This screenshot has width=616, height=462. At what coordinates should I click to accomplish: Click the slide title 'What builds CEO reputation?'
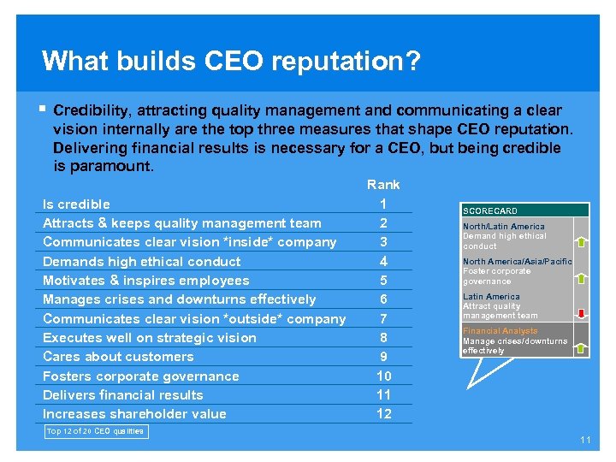click(x=231, y=61)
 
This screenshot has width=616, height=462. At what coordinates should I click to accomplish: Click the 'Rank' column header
click(x=383, y=184)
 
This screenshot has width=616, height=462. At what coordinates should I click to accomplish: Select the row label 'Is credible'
click(x=76, y=204)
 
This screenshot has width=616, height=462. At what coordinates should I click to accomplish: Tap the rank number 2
click(x=383, y=222)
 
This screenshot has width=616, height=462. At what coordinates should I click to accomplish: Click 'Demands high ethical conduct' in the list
click(x=141, y=261)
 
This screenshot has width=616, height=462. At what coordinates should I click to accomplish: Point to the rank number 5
click(x=383, y=281)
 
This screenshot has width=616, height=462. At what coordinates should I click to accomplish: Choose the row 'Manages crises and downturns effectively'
click(x=179, y=299)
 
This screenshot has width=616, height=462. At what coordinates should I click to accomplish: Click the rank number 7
click(x=383, y=318)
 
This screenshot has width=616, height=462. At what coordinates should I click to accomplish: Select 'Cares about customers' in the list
click(x=118, y=357)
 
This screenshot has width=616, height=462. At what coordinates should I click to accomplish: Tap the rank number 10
click(x=383, y=376)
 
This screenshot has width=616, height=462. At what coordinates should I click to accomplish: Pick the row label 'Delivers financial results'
click(x=122, y=395)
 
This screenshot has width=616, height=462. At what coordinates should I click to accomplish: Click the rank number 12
click(x=383, y=414)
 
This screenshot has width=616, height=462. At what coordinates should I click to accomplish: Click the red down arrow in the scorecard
click(x=581, y=313)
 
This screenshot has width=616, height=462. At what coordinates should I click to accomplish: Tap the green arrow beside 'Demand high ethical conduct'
click(x=581, y=242)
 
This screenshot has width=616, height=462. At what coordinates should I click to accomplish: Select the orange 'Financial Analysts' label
click(x=500, y=331)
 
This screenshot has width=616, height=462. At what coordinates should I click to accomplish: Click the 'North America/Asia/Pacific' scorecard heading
click(x=517, y=262)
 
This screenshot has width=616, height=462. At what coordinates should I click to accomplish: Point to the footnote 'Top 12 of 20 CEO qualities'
click(x=94, y=431)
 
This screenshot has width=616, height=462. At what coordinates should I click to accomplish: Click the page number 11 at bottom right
click(x=585, y=440)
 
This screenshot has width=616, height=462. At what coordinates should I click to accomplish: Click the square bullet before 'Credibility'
click(x=43, y=110)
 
